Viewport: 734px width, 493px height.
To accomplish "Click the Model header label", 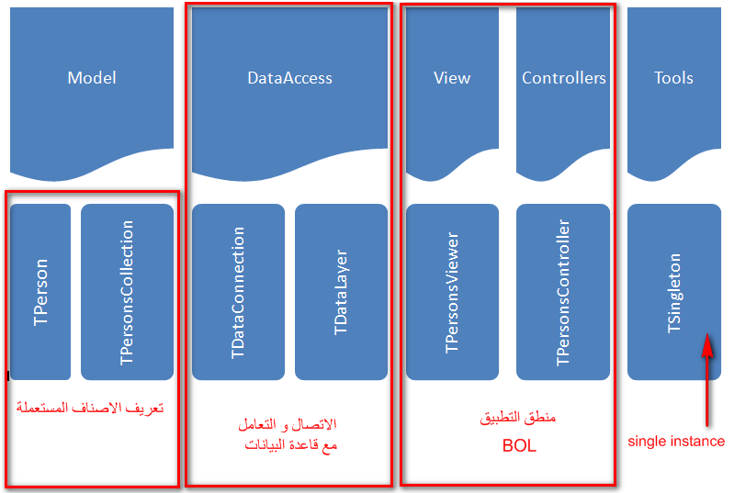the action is pos(92,78).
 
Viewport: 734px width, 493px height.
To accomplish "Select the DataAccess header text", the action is pos(289,78).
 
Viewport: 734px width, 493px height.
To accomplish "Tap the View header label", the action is pos(452,78).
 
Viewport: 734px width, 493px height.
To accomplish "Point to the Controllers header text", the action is pos(564,78).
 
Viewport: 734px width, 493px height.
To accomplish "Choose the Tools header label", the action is pos(673,78).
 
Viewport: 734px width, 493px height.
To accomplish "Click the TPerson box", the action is pos(40,292).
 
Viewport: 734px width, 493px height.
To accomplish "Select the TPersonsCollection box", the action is pos(127,292).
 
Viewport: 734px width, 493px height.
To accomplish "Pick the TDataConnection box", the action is pos(238,292).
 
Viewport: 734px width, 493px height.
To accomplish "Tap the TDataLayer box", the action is pos(341,292).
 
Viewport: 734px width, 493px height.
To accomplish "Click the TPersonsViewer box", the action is pos(452,292).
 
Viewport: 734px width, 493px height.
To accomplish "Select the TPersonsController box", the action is pos(563,292).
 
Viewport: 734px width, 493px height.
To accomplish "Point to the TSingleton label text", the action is pos(674,293).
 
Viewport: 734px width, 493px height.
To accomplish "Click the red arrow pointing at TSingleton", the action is pos(707,380).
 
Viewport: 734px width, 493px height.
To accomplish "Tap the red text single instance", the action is pos(676,441).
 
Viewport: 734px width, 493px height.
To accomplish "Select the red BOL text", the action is pos(519,446).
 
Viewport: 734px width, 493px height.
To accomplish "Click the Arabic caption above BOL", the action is pos(518,417).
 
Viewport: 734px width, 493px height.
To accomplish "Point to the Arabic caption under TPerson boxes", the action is pos(90,408).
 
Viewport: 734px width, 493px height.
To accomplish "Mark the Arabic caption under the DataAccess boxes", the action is pos(288,434).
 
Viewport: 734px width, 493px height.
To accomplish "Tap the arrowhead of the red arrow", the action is pos(707,344).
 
